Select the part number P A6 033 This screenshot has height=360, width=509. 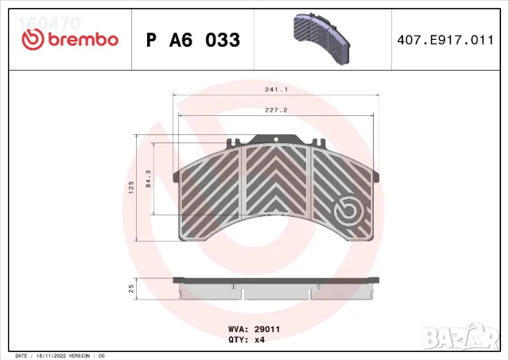point(194,40)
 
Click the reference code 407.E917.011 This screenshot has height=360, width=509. point(443,40)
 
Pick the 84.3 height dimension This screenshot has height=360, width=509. point(148,179)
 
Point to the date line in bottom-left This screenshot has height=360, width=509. point(60,355)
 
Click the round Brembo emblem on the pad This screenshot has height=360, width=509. point(348,211)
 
